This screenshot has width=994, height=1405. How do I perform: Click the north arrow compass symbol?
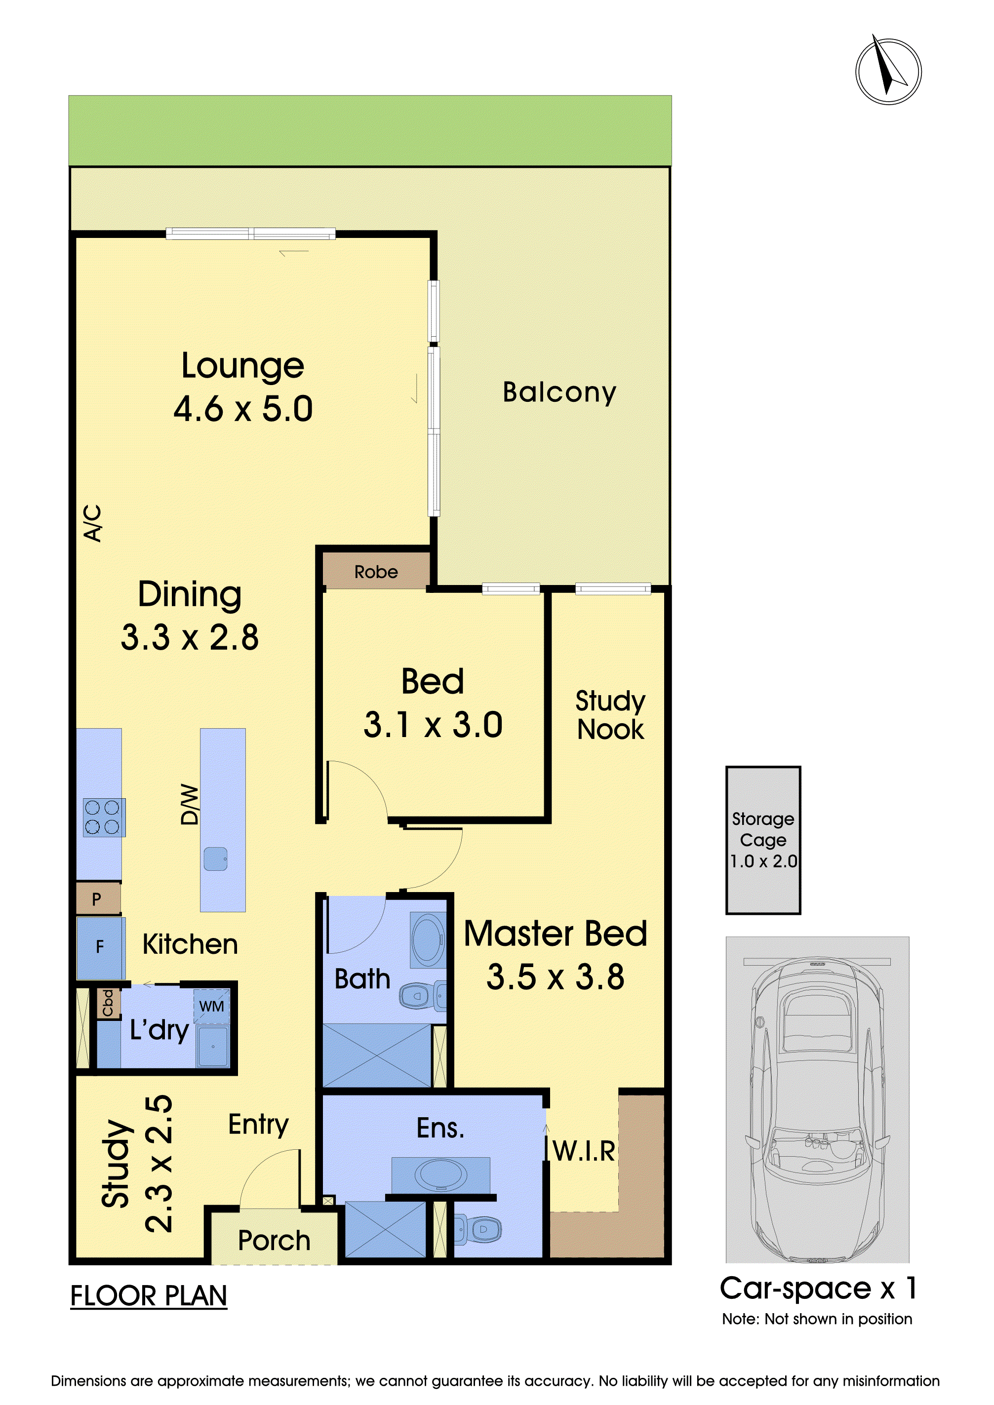888,71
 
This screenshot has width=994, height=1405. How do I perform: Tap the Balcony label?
559,393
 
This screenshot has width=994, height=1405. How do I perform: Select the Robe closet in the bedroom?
376,570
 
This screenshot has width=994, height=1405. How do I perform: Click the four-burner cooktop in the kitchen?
104,818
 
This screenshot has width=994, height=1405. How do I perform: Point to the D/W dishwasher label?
190,804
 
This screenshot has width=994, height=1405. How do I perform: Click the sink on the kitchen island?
215,859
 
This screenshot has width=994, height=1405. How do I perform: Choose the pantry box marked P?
98,898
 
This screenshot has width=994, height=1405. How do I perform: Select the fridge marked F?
100,947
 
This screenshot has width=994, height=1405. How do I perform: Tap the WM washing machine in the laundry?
212,1006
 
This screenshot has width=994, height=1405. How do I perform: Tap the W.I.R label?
584,1151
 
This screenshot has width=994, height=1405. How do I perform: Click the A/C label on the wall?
92,523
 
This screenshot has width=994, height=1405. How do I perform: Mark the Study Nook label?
610,715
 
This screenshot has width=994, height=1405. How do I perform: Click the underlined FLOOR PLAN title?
149,1296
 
